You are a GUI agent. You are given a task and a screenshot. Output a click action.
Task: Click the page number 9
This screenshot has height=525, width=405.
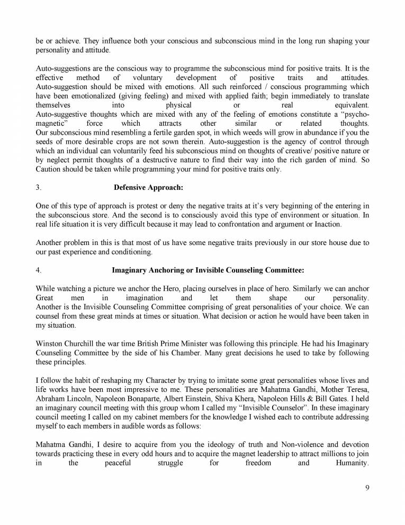tap(367, 503)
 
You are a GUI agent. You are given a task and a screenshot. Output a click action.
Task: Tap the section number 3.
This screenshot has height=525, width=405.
tap(38, 187)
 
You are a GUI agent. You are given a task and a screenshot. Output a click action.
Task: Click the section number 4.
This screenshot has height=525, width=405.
tap(38, 270)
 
